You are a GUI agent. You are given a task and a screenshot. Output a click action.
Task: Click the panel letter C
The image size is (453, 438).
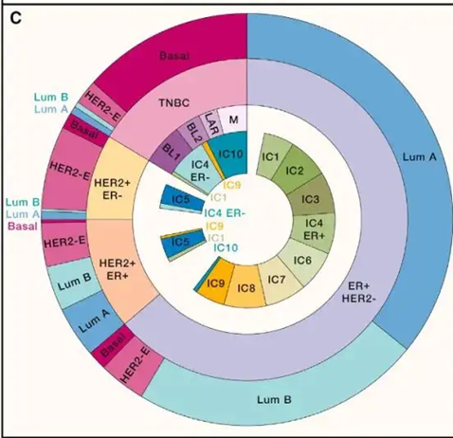[15, 18]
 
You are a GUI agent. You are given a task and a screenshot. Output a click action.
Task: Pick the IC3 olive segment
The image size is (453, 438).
[311, 199]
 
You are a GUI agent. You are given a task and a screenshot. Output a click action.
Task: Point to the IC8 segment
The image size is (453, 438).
[246, 287]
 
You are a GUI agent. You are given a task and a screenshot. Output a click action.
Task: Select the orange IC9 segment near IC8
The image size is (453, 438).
[215, 283]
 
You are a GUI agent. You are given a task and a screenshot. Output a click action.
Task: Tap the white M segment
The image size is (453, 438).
[233, 120]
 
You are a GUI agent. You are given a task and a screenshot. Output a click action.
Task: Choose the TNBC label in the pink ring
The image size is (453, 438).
[174, 103]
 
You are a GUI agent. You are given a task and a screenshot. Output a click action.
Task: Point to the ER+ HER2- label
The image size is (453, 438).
[358, 292]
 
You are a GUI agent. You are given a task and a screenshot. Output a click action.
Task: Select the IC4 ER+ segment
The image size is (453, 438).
[314, 229]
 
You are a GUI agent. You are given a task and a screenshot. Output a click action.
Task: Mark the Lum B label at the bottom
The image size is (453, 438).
[274, 400]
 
